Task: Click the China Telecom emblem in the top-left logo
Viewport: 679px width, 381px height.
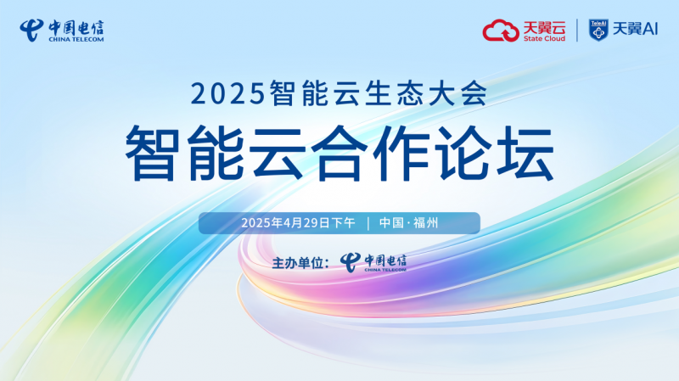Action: click(x=31, y=31)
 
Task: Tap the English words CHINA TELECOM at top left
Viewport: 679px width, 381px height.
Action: click(x=76, y=39)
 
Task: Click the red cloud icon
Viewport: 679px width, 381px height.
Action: click(x=501, y=31)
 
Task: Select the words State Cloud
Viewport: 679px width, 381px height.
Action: click(x=544, y=38)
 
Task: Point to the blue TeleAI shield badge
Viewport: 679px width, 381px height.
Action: click(x=598, y=31)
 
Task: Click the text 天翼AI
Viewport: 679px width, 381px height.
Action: click(x=635, y=29)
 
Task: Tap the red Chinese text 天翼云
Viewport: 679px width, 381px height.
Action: click(x=544, y=27)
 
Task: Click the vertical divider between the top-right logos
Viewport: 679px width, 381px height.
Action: click(x=577, y=31)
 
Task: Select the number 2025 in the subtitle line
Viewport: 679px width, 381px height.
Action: click(x=227, y=93)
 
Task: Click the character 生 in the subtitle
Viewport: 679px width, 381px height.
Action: click(x=379, y=92)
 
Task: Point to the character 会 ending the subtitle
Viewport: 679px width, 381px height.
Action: click(x=474, y=92)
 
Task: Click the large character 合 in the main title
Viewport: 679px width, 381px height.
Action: click(x=339, y=153)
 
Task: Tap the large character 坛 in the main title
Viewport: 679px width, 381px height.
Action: click(x=525, y=153)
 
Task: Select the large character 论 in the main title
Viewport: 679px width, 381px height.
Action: click(x=463, y=153)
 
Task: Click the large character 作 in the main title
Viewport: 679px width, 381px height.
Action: click(x=401, y=153)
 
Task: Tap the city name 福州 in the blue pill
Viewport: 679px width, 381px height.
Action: click(x=426, y=223)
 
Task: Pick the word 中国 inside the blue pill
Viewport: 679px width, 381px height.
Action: click(x=391, y=223)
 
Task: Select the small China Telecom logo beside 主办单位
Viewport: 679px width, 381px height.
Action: click(x=373, y=263)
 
